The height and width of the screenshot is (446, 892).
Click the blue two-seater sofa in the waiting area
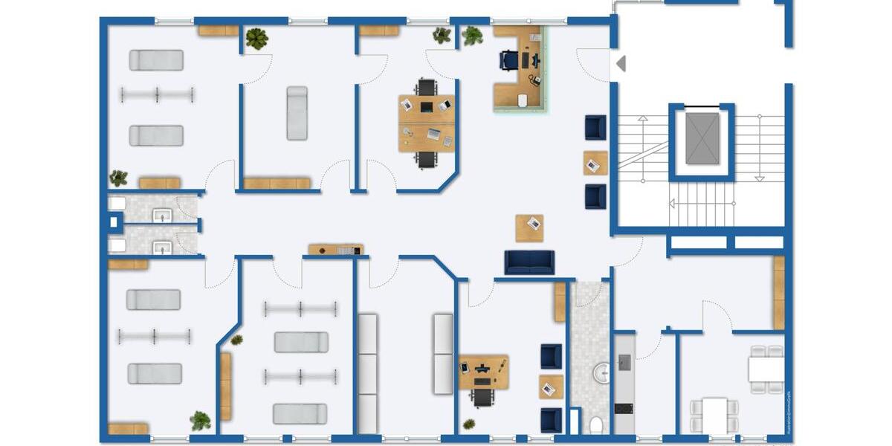point(529,262)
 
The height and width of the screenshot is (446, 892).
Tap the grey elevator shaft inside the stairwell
point(702,139)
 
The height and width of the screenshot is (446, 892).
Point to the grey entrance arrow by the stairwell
point(621,64)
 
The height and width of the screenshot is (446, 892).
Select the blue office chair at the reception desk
point(510,59)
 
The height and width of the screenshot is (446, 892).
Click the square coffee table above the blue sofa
point(529,227)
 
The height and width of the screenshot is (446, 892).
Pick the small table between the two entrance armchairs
point(595,162)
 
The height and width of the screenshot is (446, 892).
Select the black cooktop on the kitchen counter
point(624,409)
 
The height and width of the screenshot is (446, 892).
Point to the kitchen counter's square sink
point(624,361)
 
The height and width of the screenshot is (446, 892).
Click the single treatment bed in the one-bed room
point(297,113)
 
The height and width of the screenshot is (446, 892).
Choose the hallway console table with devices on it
point(335,250)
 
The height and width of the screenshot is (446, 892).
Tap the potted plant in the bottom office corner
point(469,424)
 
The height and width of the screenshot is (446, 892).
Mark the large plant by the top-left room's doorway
point(256,39)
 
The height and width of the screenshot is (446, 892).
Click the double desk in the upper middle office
point(426,123)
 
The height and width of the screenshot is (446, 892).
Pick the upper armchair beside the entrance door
point(595,127)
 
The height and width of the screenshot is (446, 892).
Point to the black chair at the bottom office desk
point(482,396)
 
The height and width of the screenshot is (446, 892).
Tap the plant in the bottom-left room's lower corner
point(200,421)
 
